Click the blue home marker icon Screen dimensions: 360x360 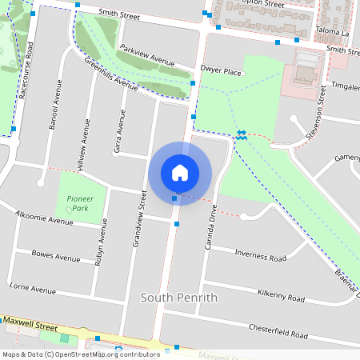(180, 173)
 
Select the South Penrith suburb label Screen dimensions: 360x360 (179, 298)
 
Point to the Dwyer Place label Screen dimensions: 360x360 (221, 71)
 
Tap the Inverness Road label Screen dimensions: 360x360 (260, 256)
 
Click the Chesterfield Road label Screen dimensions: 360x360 (278, 331)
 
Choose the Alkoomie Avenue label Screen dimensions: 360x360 (45, 218)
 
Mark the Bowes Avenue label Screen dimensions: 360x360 (55, 258)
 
